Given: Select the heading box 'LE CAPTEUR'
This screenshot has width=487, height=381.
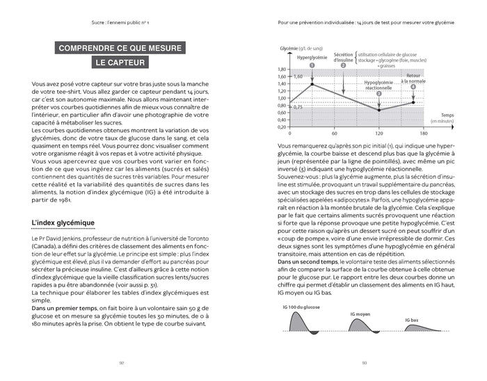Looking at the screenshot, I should pos(120,64).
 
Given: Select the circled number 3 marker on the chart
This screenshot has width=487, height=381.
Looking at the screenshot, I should pos(378,92).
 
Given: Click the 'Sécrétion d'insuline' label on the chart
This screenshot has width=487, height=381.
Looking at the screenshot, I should pos(343,57).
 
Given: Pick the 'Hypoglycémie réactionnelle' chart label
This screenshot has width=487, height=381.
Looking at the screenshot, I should pos(378,85).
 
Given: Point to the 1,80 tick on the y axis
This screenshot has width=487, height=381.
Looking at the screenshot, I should pos(281,69).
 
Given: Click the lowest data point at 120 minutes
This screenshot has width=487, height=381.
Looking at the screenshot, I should pos(378,110).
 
